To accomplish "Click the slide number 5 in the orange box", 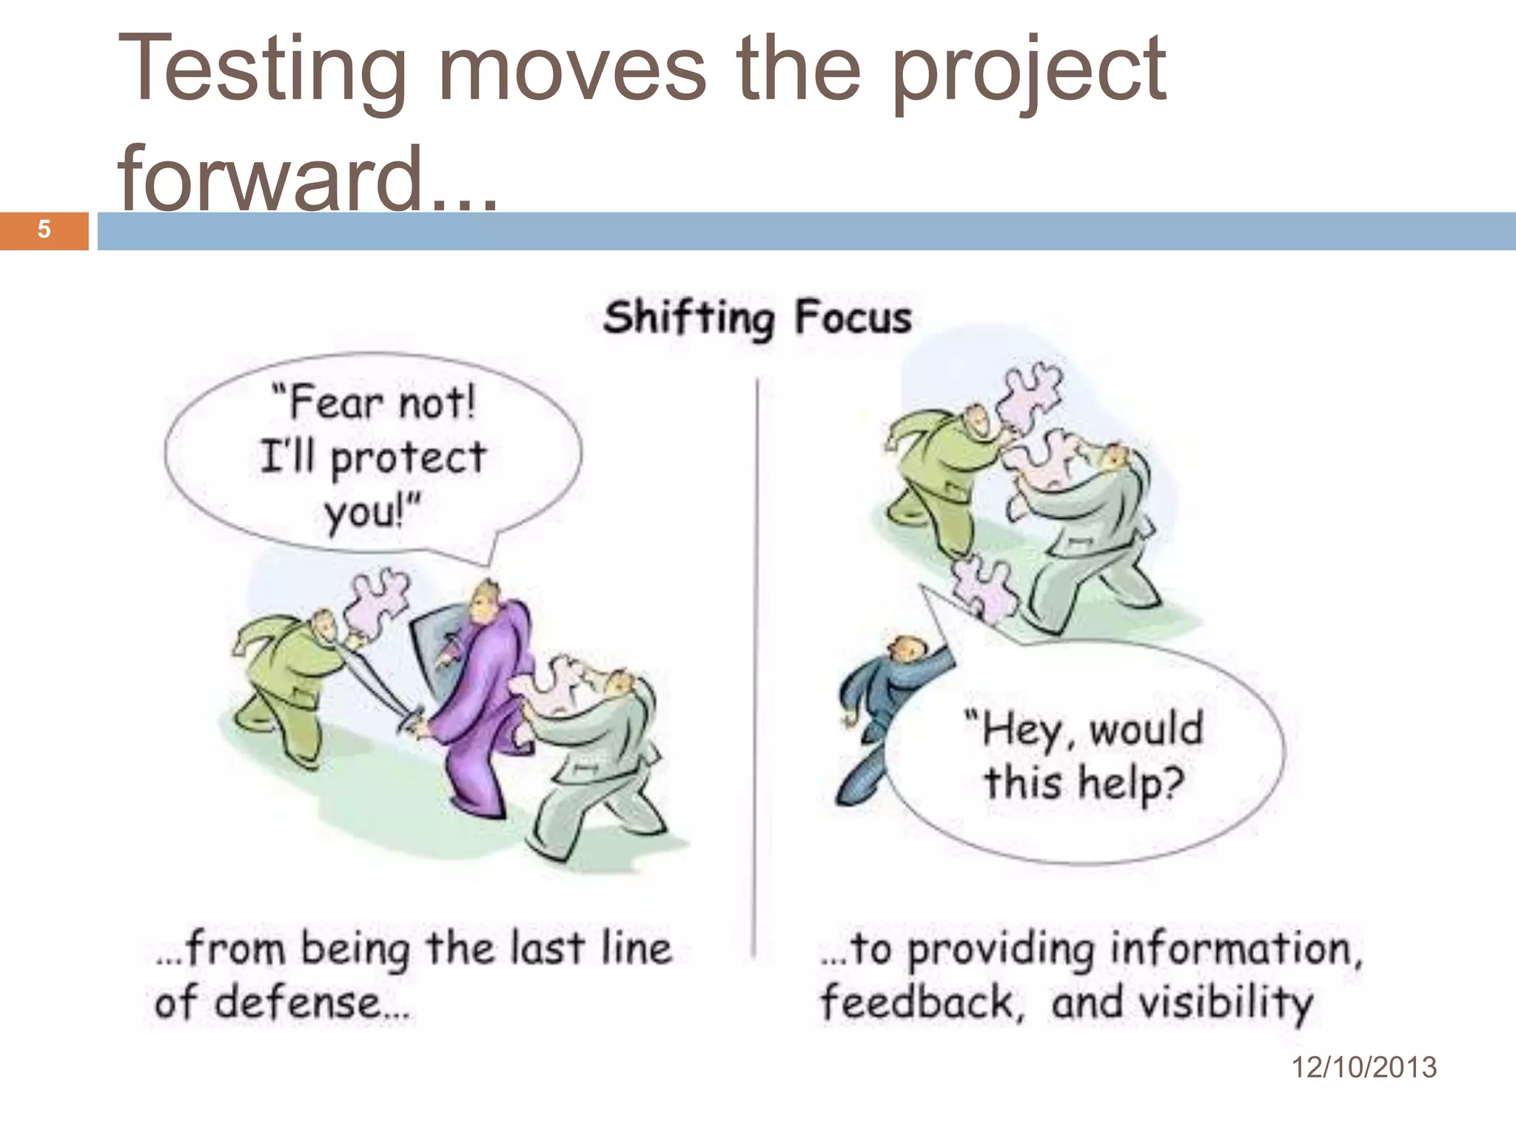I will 44,229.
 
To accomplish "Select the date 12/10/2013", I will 1364,1067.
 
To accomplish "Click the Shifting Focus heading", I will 757,318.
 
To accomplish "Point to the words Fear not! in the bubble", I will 374,403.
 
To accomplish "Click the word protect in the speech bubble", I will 408,458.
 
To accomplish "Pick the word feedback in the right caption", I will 916,1003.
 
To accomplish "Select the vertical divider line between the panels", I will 756,666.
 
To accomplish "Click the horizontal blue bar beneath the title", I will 807,231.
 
